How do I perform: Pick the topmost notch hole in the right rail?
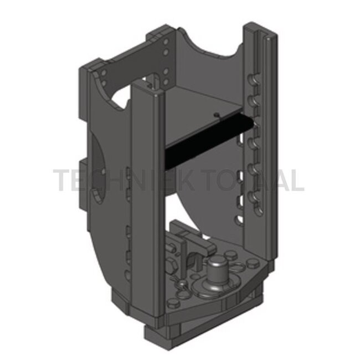tap(253, 81)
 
